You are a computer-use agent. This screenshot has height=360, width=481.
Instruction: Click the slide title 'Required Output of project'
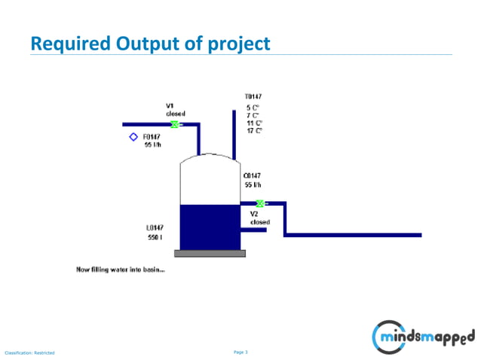click(x=149, y=44)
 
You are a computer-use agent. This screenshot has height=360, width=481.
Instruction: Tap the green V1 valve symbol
click(x=175, y=124)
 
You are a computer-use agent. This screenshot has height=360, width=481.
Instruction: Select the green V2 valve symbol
click(x=260, y=203)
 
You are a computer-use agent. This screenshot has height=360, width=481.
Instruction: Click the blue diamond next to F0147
click(x=133, y=137)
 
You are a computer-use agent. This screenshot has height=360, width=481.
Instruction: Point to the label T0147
click(x=253, y=97)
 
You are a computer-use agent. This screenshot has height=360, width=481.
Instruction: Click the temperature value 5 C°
click(x=253, y=108)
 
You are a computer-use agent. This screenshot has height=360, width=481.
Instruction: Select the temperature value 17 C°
click(x=254, y=130)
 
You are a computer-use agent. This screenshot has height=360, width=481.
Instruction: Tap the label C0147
click(x=252, y=175)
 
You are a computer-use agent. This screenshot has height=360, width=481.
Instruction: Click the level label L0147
click(x=156, y=227)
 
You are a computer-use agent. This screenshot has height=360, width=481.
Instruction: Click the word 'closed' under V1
click(x=176, y=113)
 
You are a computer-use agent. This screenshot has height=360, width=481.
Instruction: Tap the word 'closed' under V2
click(x=260, y=222)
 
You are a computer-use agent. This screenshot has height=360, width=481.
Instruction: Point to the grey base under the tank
click(x=210, y=253)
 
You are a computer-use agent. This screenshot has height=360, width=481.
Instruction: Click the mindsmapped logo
click(x=424, y=334)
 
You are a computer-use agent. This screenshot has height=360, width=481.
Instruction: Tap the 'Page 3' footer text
click(x=241, y=352)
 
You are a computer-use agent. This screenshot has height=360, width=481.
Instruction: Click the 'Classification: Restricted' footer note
click(x=30, y=352)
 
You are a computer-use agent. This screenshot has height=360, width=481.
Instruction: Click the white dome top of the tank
click(x=209, y=160)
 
